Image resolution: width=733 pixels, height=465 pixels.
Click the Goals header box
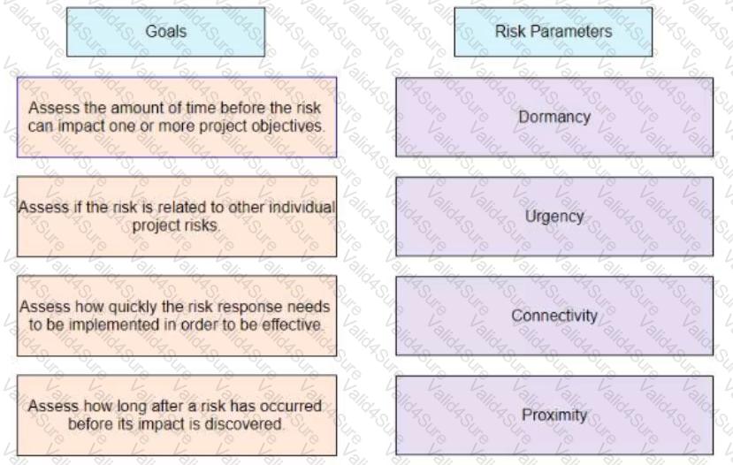click(165, 32)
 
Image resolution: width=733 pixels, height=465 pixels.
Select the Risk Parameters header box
click(553, 32)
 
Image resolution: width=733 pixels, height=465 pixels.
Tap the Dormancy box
click(554, 117)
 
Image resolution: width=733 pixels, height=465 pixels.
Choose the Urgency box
click(554, 217)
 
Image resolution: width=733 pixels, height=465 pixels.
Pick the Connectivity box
click(554, 316)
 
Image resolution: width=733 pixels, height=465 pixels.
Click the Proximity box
click(554, 415)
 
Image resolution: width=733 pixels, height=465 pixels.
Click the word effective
click(292, 324)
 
